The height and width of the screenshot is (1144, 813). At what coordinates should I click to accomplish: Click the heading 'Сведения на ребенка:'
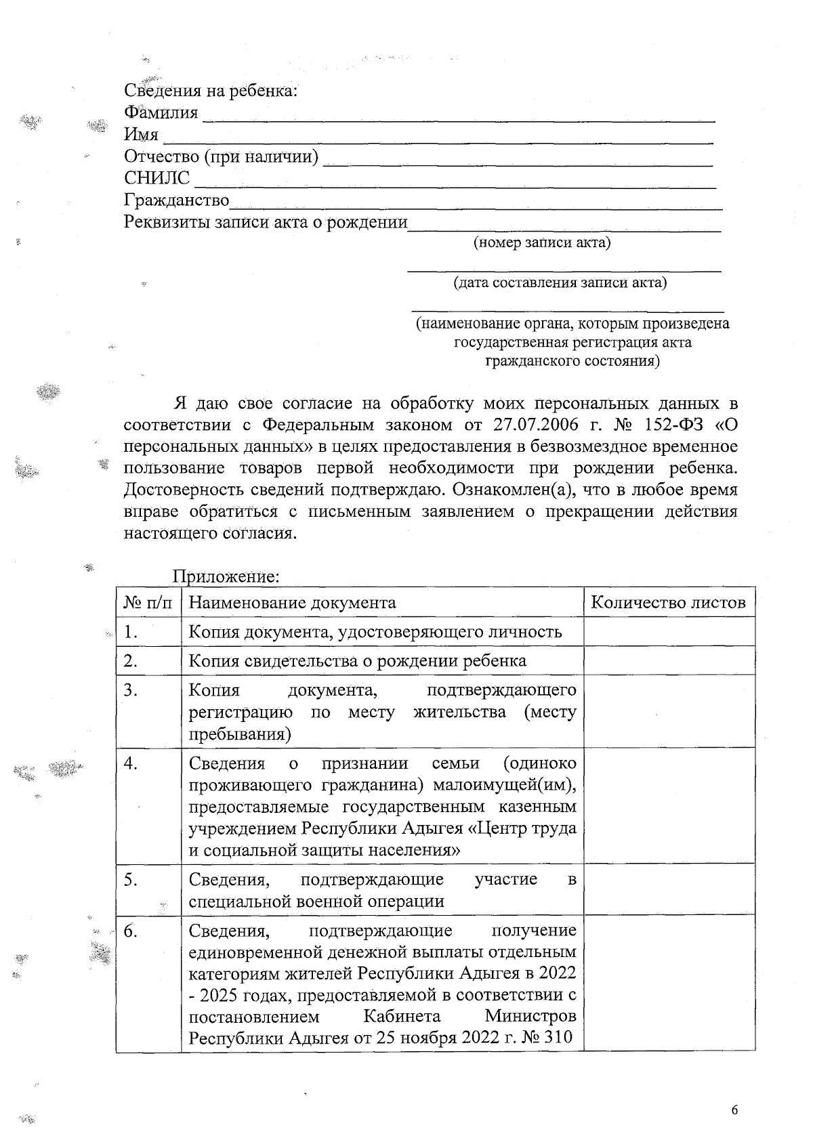[x=211, y=91]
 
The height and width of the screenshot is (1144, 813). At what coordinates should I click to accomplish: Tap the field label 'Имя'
[x=141, y=135]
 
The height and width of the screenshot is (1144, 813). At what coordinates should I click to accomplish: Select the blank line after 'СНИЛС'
[x=455, y=183]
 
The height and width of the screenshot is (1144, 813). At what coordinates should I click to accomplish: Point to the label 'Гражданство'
[x=176, y=200]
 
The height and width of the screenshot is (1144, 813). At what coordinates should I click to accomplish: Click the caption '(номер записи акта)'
[x=541, y=242]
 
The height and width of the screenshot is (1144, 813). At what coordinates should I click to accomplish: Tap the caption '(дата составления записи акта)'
[x=560, y=282]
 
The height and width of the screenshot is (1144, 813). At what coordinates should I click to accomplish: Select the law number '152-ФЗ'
[x=671, y=425]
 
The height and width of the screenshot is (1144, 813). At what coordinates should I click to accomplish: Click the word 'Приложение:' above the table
[x=226, y=576]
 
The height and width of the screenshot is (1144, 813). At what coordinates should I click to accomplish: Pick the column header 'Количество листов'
[x=668, y=602]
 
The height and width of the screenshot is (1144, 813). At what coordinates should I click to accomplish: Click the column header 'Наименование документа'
[x=292, y=602]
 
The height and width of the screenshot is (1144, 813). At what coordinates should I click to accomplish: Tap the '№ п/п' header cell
[x=148, y=602]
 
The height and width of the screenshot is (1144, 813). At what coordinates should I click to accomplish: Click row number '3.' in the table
[x=131, y=690]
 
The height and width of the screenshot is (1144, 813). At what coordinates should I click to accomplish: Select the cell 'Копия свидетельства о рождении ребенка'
[x=357, y=660]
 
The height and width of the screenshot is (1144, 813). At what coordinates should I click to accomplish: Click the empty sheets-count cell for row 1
[x=669, y=631]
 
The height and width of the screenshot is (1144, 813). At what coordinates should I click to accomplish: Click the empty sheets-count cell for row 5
[x=669, y=889]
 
